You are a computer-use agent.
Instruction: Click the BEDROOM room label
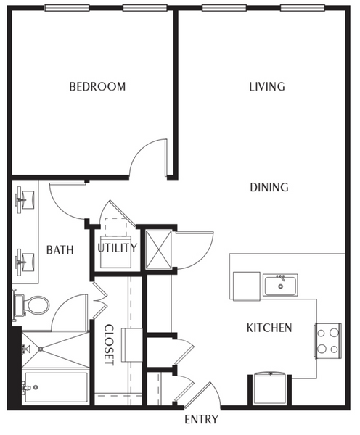click(x=97, y=86)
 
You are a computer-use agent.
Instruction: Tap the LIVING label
click(x=267, y=86)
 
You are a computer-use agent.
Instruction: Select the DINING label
click(x=269, y=187)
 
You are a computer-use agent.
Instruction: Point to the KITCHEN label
click(x=269, y=328)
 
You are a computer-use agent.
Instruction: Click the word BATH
click(x=60, y=249)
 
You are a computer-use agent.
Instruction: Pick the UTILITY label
click(x=118, y=247)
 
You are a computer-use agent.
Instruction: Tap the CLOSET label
click(x=109, y=345)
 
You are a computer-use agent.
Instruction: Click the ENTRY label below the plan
click(x=201, y=419)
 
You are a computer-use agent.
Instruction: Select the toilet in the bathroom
click(x=31, y=305)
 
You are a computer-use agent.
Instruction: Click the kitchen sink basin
click(x=281, y=285)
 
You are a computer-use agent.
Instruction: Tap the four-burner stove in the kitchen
click(x=328, y=341)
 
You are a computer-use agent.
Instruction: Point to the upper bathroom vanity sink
click(x=25, y=199)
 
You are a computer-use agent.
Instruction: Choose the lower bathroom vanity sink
click(x=25, y=262)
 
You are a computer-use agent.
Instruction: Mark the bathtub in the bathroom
click(x=57, y=387)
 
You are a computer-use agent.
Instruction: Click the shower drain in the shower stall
click(x=41, y=349)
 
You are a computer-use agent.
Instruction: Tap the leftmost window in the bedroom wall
click(x=67, y=8)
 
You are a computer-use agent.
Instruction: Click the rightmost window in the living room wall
click(x=303, y=8)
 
